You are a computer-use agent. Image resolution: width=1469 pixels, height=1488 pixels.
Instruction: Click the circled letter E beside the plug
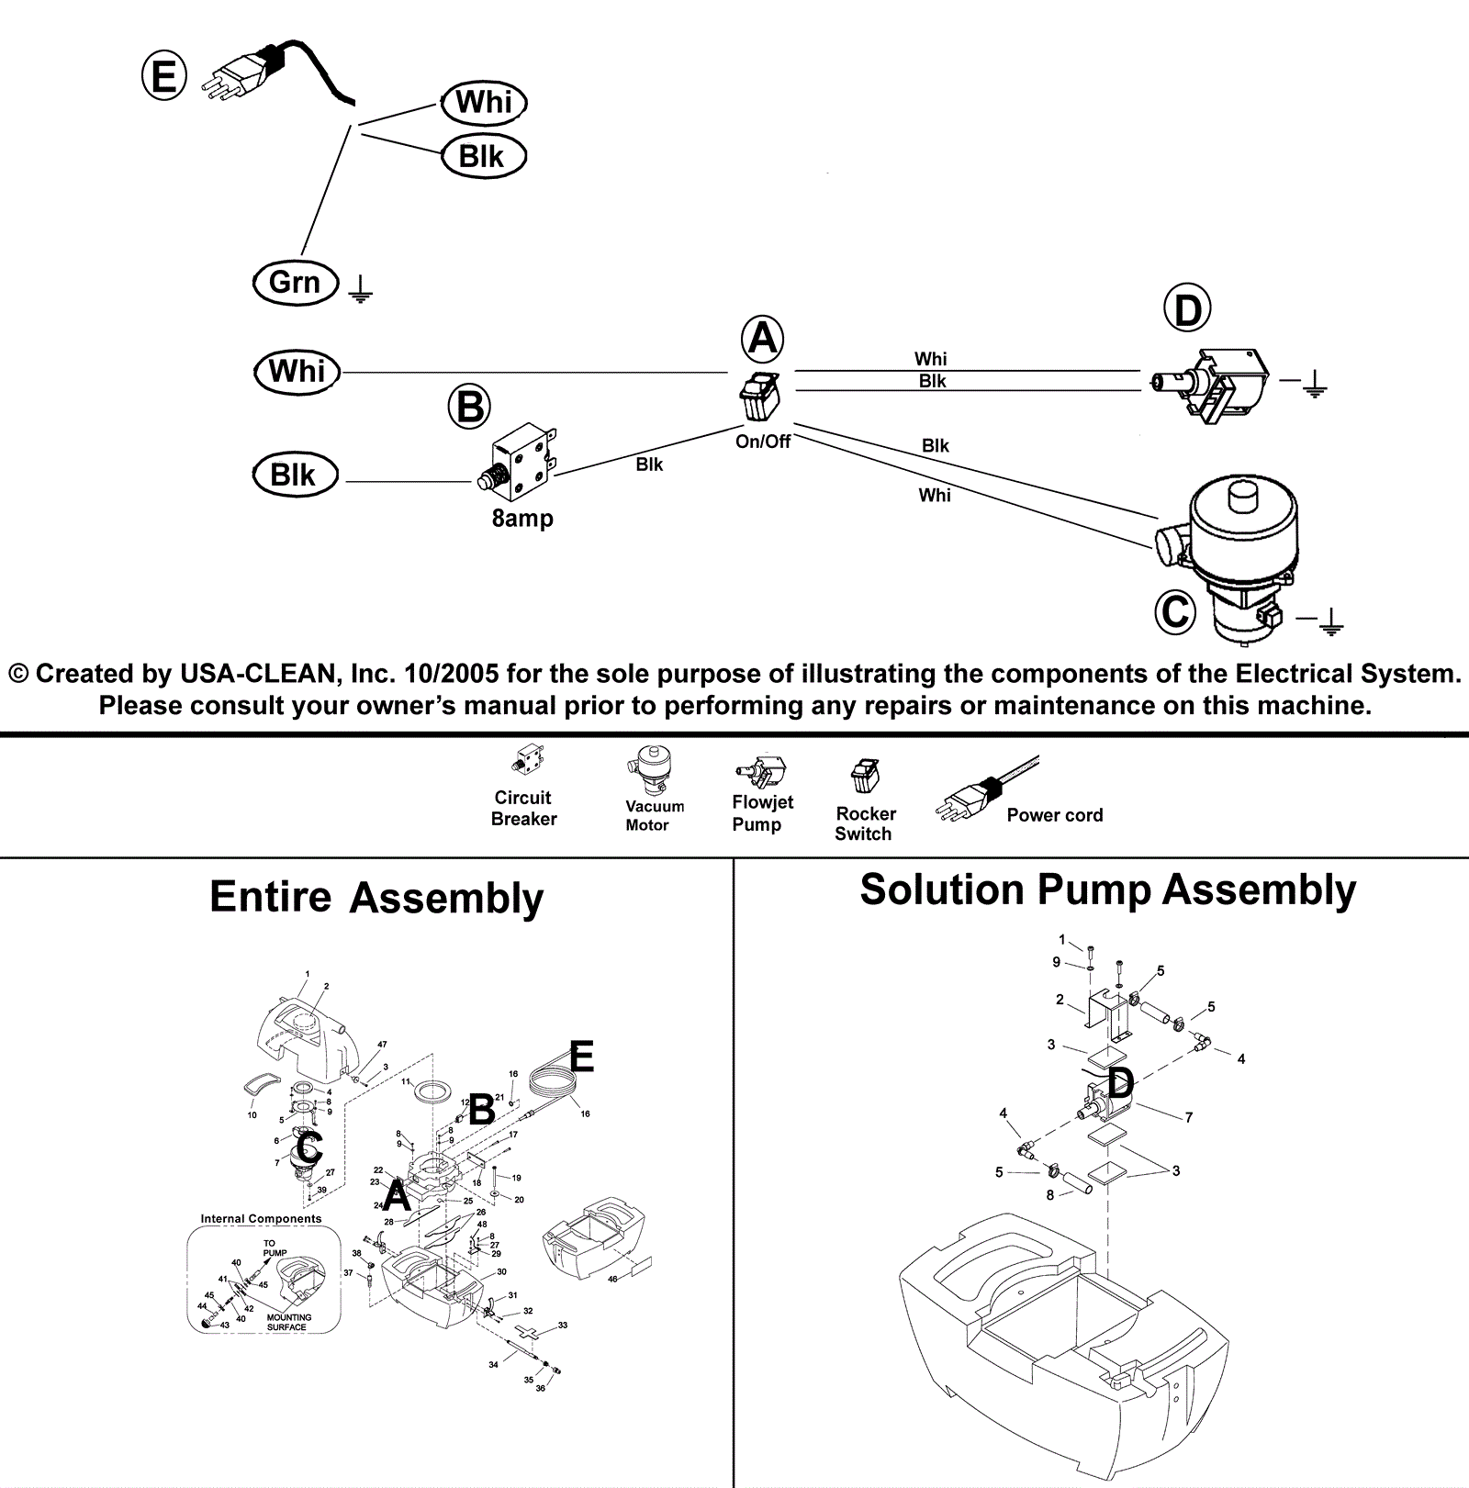[163, 74]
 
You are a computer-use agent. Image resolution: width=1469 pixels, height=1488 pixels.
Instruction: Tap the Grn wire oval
[296, 282]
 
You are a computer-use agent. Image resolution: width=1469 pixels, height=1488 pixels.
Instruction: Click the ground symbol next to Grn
[361, 291]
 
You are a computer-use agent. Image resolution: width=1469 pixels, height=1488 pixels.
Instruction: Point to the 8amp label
[522, 519]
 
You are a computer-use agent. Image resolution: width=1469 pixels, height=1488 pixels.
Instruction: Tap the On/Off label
[763, 442]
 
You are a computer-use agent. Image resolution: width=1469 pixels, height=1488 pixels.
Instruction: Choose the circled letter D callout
[1187, 310]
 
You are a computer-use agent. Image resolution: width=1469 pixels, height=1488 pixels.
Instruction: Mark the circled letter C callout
[1175, 611]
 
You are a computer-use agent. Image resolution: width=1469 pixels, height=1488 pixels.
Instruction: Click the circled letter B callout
[470, 407]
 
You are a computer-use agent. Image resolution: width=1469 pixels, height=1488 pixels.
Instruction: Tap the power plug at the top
[243, 69]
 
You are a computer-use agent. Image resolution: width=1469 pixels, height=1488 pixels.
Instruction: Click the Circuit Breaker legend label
[523, 809]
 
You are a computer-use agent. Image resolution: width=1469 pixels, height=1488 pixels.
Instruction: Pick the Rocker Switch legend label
[864, 823]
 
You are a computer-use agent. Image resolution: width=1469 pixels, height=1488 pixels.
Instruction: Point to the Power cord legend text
[1054, 815]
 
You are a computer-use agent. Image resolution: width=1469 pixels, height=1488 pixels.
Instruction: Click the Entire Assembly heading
[376, 898]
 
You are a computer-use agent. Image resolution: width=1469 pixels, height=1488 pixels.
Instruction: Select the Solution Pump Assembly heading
[1107, 890]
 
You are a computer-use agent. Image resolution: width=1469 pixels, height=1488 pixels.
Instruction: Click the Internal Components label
[261, 1219]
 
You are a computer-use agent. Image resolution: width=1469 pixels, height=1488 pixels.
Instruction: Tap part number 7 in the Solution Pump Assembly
[1189, 1117]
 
